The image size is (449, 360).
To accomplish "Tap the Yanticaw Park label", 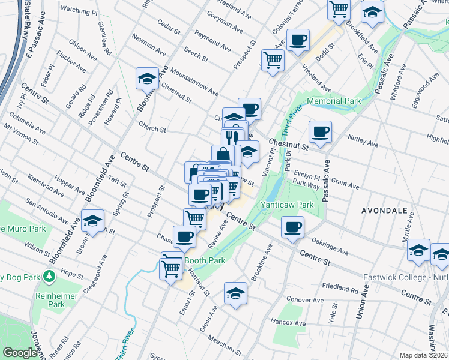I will [x=287, y=205].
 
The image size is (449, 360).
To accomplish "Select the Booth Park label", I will [x=205, y=260].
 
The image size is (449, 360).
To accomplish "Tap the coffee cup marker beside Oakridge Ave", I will [x=292, y=227].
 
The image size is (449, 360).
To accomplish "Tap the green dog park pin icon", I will [x=49, y=277].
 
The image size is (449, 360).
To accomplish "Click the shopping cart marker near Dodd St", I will [x=273, y=61].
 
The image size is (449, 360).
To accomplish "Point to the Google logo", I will [x=20, y=353].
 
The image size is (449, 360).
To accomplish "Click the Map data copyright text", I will [x=424, y=355].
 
